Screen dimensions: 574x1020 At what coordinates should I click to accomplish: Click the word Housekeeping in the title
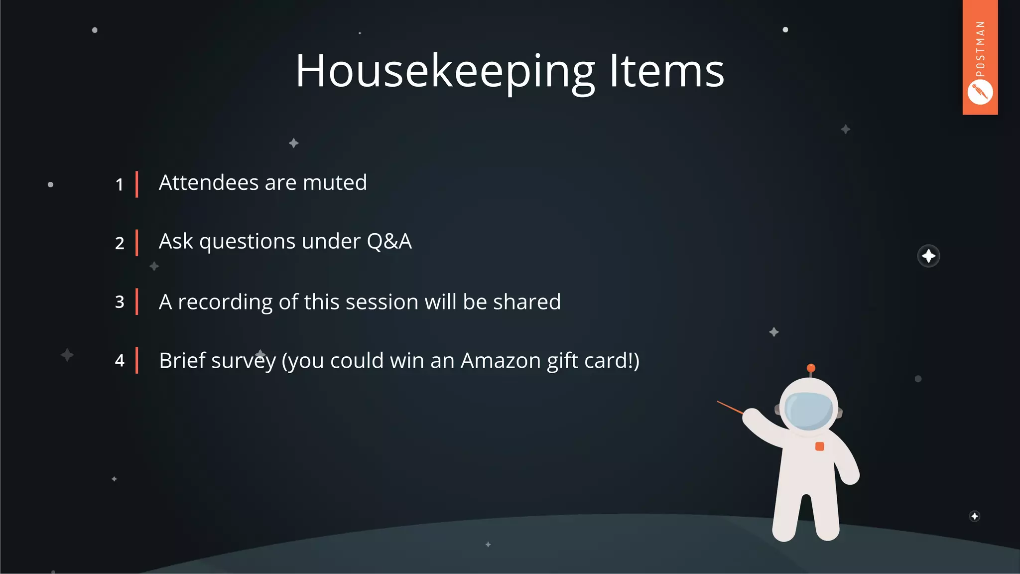pyautogui.click(x=445, y=72)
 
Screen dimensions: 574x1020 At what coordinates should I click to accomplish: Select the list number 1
pyautogui.click(x=120, y=185)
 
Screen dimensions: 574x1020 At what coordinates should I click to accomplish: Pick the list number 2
pyautogui.click(x=120, y=243)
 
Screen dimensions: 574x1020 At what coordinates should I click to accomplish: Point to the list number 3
pyautogui.click(x=120, y=302)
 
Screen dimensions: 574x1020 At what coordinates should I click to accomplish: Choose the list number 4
pyautogui.click(x=120, y=360)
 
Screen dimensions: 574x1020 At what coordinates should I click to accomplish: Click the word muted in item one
pyautogui.click(x=335, y=183)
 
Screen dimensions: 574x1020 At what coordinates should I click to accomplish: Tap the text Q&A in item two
pyautogui.click(x=389, y=242)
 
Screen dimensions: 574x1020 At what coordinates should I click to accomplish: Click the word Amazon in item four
pyautogui.click(x=501, y=361)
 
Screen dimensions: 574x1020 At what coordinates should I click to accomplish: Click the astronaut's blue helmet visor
pyautogui.click(x=808, y=410)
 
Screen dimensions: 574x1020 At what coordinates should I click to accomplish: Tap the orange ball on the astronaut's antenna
pyautogui.click(x=811, y=368)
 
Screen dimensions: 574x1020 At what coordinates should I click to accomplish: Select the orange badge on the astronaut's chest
pyautogui.click(x=819, y=446)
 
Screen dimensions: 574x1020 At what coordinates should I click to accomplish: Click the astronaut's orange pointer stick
pyautogui.click(x=730, y=408)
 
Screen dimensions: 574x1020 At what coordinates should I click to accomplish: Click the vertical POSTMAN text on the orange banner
pyautogui.click(x=980, y=49)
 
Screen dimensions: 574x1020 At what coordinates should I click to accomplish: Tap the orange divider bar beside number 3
pyautogui.click(x=136, y=302)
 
